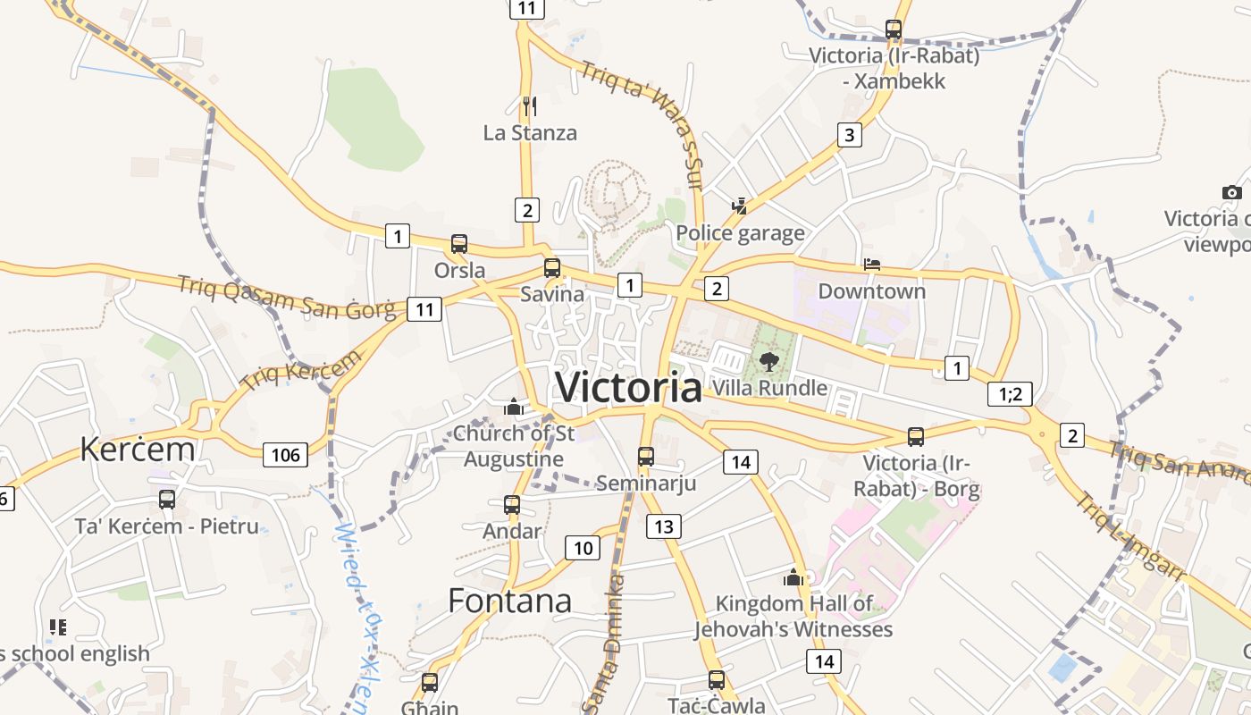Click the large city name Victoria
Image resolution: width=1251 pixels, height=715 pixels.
(628, 387)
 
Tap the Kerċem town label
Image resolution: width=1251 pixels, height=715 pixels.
(137, 449)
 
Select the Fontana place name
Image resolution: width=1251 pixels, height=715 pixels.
(509, 601)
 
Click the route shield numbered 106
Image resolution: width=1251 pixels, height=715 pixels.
(285, 455)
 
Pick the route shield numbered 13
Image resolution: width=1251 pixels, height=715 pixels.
(663, 526)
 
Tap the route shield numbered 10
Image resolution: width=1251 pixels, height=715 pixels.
(582, 548)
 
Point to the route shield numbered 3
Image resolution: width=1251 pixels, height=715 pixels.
(849, 136)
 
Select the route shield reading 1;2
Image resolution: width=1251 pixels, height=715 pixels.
(1010, 393)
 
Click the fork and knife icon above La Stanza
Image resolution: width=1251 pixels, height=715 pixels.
(530, 106)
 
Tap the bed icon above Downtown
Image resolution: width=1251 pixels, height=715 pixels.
(872, 265)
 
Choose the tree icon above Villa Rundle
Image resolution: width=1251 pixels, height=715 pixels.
(768, 362)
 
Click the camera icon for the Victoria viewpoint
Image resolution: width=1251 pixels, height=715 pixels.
(1231, 192)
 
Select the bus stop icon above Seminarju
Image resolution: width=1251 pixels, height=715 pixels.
(646, 456)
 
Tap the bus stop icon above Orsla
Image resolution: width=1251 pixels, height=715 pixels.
(459, 243)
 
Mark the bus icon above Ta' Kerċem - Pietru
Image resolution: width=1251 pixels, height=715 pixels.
(167, 500)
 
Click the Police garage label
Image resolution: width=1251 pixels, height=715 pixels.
(740, 234)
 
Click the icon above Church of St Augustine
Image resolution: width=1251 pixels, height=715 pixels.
(514, 408)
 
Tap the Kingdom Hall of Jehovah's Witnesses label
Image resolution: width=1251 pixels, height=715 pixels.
(793, 617)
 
